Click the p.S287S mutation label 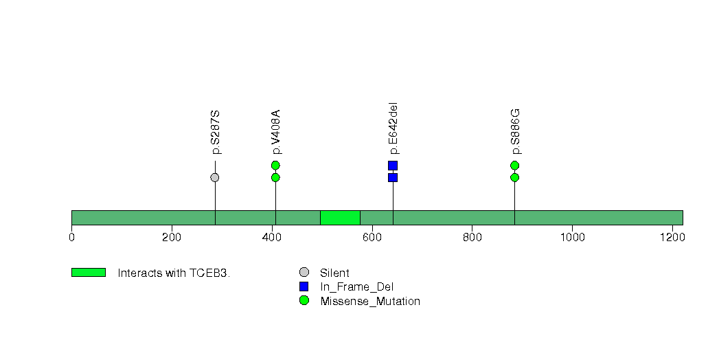pos(216,132)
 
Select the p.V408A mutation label pos(276,132)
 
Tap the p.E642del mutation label pos(393,129)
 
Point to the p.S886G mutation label pos(516,132)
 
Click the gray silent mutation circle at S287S pos(214,177)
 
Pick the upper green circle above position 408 pos(275,165)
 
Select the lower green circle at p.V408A pos(275,177)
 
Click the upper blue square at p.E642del pos(393,166)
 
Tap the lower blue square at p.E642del pos(393,177)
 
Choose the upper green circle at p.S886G pos(514,165)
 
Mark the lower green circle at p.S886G pos(514,177)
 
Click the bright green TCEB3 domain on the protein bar pos(340,218)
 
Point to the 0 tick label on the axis pos(71,238)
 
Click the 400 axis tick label pos(272,238)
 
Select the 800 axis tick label pos(472,238)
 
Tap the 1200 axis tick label pos(673,238)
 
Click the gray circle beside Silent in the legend pos(304,273)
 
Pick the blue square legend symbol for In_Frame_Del pos(304,286)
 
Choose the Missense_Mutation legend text pos(370,302)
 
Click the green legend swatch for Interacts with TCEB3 pos(89,273)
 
